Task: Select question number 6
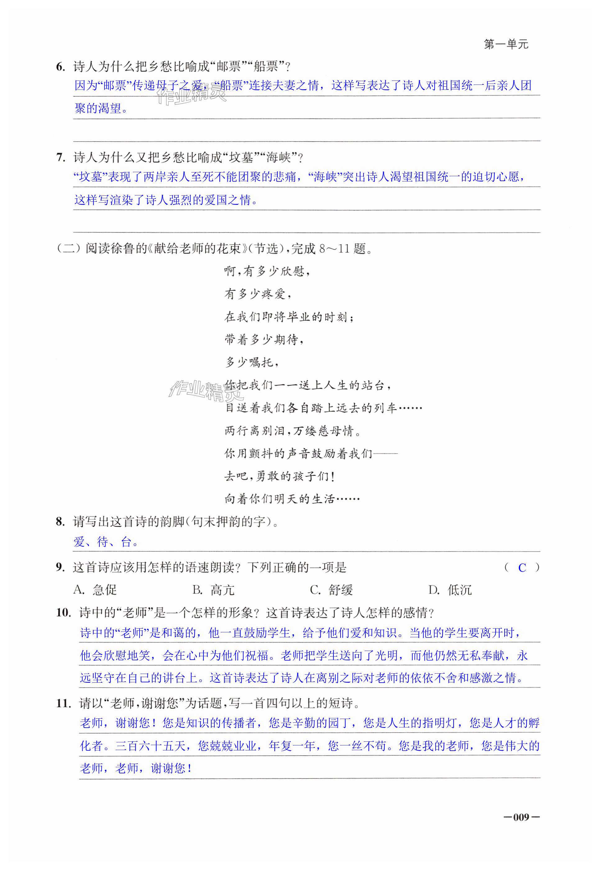[x=60, y=67]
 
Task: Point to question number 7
[x=60, y=158]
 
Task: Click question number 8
[x=60, y=521]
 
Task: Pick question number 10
[x=63, y=612]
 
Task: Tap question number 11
[x=63, y=703]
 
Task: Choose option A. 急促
[x=95, y=590]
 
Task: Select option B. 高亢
[x=213, y=590]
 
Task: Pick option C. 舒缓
[x=331, y=590]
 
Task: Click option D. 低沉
[x=450, y=590]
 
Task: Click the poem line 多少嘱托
[x=251, y=362]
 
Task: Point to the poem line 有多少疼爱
[x=258, y=294]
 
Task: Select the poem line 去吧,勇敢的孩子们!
[x=279, y=476]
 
